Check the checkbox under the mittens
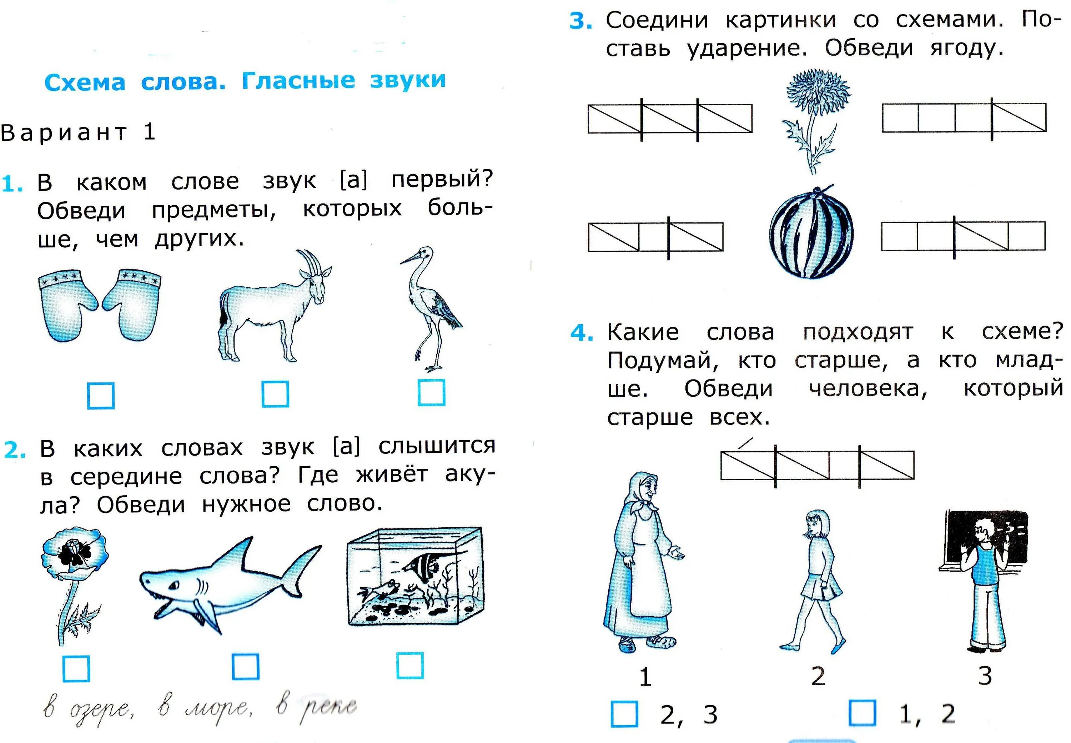101,396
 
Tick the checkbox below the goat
275,394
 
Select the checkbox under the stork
432,392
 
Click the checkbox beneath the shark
245,667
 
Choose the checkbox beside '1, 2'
863,713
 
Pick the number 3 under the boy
984,676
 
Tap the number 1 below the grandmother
645,677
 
